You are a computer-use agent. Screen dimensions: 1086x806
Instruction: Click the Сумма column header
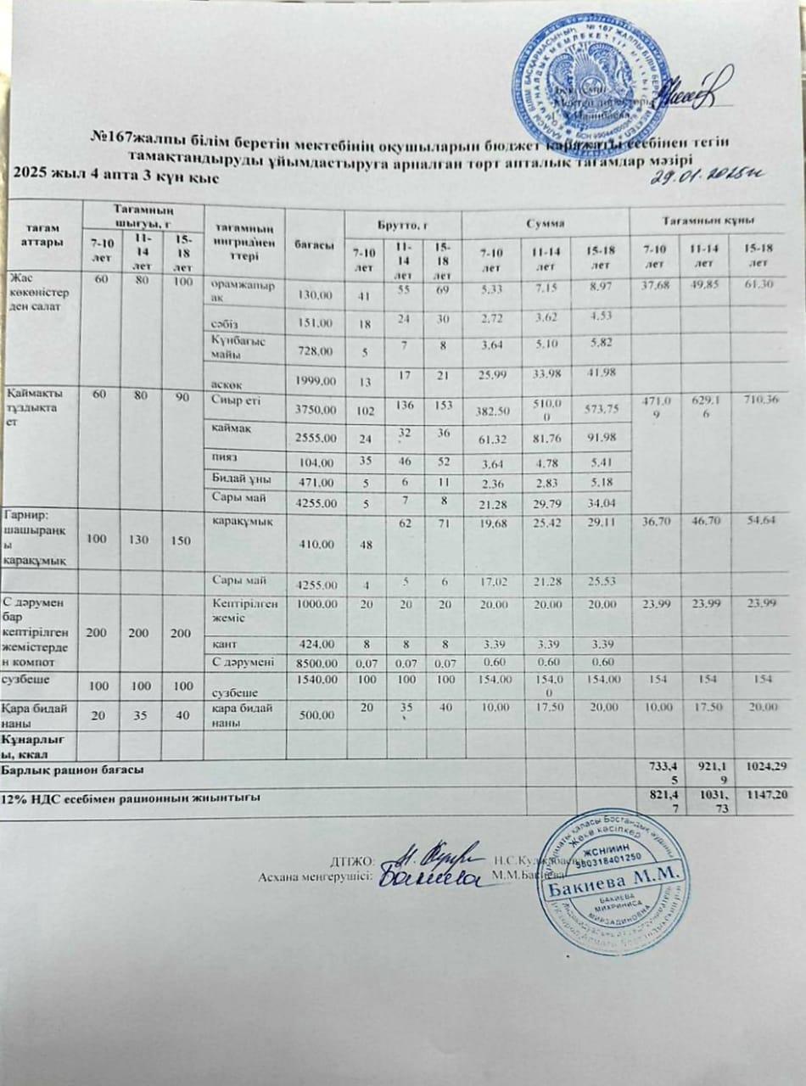tap(545, 222)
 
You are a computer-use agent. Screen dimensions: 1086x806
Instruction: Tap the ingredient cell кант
tap(222, 645)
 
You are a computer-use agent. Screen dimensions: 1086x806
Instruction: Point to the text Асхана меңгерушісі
tap(315, 877)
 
